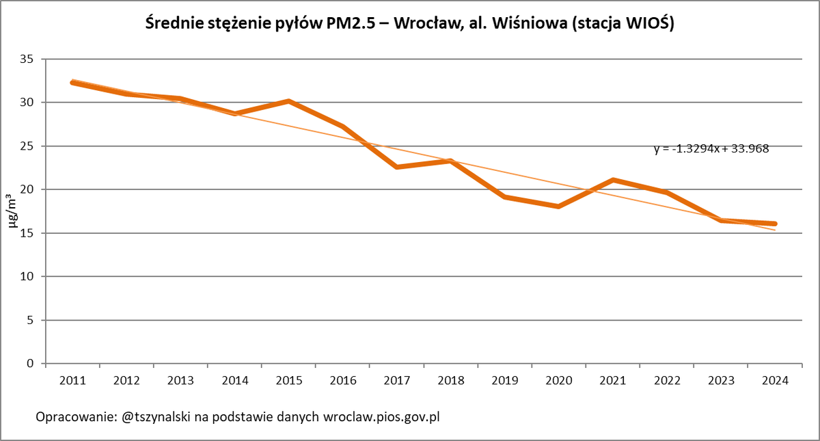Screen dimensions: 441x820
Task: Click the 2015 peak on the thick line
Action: [x=288, y=101]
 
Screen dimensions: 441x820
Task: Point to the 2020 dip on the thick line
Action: [x=559, y=206]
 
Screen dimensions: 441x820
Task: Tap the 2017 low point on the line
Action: [x=396, y=167]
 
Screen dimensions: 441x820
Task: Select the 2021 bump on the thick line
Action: [x=613, y=180]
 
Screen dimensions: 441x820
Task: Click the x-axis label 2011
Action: [x=72, y=379]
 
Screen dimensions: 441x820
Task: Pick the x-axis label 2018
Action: [x=450, y=379]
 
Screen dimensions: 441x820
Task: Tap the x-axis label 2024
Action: [x=775, y=379]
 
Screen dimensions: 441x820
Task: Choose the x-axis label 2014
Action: [x=234, y=379]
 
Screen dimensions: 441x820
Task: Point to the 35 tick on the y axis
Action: [x=27, y=59]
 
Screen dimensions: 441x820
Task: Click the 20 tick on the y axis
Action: [x=27, y=189]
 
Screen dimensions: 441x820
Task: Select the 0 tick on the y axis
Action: [x=31, y=363]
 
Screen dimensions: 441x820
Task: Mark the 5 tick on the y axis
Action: [x=31, y=320]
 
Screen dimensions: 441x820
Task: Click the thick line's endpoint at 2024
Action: [x=775, y=224]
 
